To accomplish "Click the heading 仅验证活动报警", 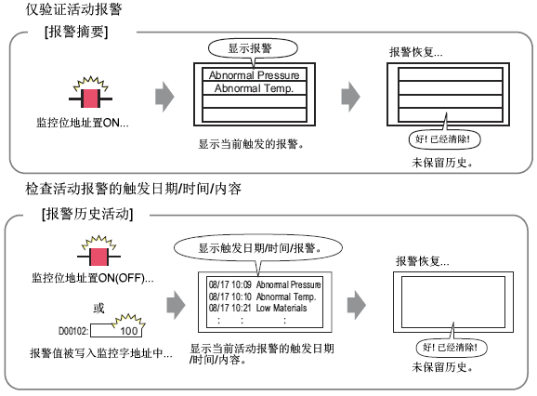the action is (x=73, y=9).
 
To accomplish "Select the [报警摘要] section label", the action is (x=76, y=32).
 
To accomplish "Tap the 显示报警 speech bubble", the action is (x=253, y=48).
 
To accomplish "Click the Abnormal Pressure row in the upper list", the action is (x=255, y=75).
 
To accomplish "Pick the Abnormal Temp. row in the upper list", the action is (x=255, y=88).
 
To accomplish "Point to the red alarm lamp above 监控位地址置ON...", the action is (x=90, y=99).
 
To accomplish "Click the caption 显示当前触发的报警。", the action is (x=251, y=144).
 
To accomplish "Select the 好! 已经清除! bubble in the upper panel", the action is (x=444, y=139).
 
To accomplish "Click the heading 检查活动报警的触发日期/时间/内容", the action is (x=133, y=189).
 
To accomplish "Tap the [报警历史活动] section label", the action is (x=87, y=214).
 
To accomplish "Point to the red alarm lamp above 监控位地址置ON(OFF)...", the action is (x=98, y=257).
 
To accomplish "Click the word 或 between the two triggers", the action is (x=99, y=309).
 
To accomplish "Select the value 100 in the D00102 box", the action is (x=129, y=331).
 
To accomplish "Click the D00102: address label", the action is (x=73, y=331).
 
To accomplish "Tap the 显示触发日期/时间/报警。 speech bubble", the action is (x=258, y=247).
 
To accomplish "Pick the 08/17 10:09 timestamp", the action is (x=230, y=284).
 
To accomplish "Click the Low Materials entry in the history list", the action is (x=282, y=308).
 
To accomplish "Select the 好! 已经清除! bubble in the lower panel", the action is (x=452, y=348).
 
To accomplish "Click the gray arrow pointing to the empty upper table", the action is (x=350, y=97).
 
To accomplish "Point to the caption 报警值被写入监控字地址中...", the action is (x=101, y=353).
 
